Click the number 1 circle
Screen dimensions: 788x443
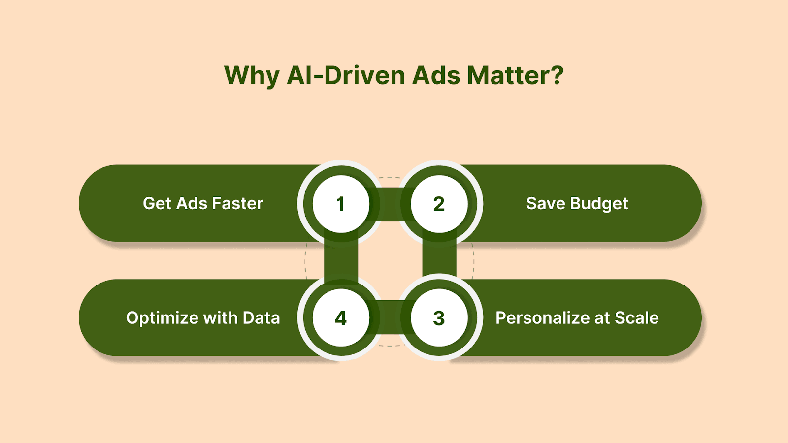[341, 204]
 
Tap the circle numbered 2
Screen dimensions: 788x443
[439, 204]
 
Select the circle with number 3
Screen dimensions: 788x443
[439, 318]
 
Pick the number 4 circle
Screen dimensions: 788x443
[341, 318]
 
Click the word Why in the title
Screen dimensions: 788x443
[252, 76]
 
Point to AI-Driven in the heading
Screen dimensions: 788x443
[346, 75]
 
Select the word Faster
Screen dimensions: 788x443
[237, 203]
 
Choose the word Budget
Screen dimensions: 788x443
[599, 204]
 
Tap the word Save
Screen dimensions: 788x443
[546, 203]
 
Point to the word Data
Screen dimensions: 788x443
[261, 318]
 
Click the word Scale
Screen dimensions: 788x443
[637, 318]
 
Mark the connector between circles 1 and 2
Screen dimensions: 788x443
[390, 204]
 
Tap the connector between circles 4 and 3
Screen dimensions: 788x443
[390, 317]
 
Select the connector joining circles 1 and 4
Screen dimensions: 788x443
[341, 261]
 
